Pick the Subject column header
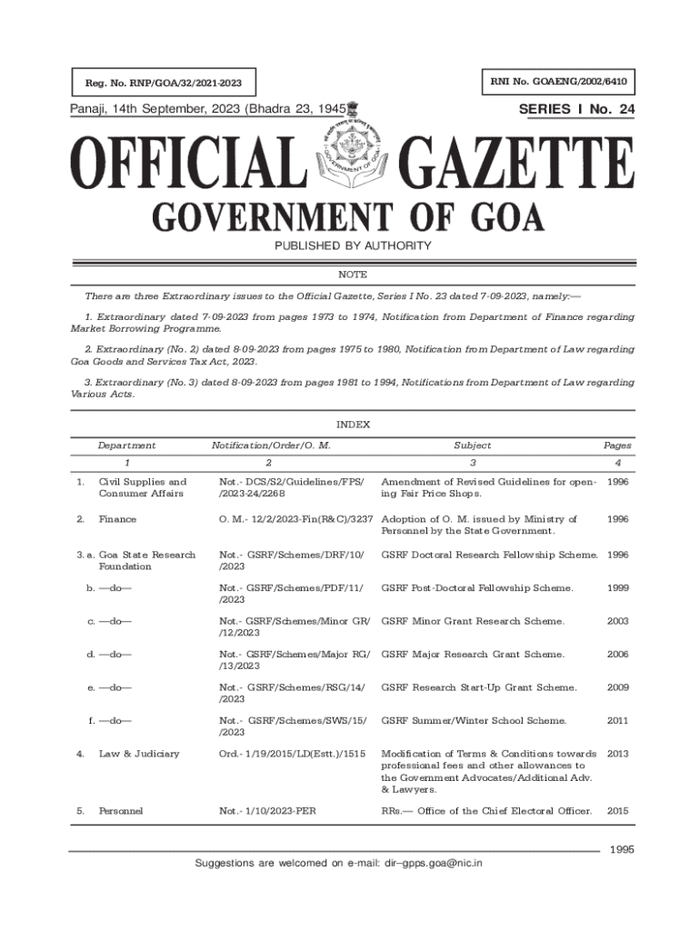click(473, 445)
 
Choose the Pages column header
click(617, 445)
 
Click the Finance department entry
click(117, 519)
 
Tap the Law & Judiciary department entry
click(139, 754)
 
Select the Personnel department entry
click(119, 810)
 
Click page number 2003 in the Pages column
click(617, 621)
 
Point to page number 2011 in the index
click(617, 721)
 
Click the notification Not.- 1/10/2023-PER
click(266, 810)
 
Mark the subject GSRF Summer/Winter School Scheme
click(474, 721)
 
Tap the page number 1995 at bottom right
click(621, 849)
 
